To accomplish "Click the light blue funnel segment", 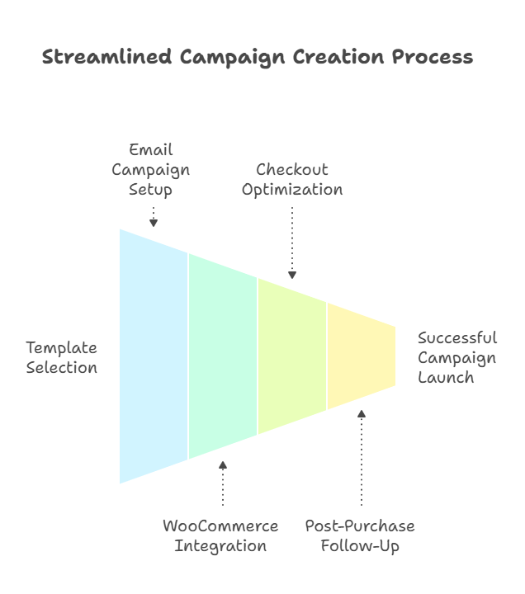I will [154, 355].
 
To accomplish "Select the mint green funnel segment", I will [223, 355].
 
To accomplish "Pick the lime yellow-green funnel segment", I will [292, 355].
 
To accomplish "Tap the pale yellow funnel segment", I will [360, 355].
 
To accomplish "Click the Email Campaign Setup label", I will [151, 170].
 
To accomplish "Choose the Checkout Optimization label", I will [292, 180].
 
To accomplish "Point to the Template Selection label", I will [61, 358].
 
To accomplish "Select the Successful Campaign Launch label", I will [457, 358].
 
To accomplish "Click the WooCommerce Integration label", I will [220, 536].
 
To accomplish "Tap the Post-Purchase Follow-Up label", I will [360, 536].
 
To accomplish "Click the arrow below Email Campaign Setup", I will [153, 216].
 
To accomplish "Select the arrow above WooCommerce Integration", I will [223, 483].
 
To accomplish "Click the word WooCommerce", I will [220, 526].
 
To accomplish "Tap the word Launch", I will [446, 378].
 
